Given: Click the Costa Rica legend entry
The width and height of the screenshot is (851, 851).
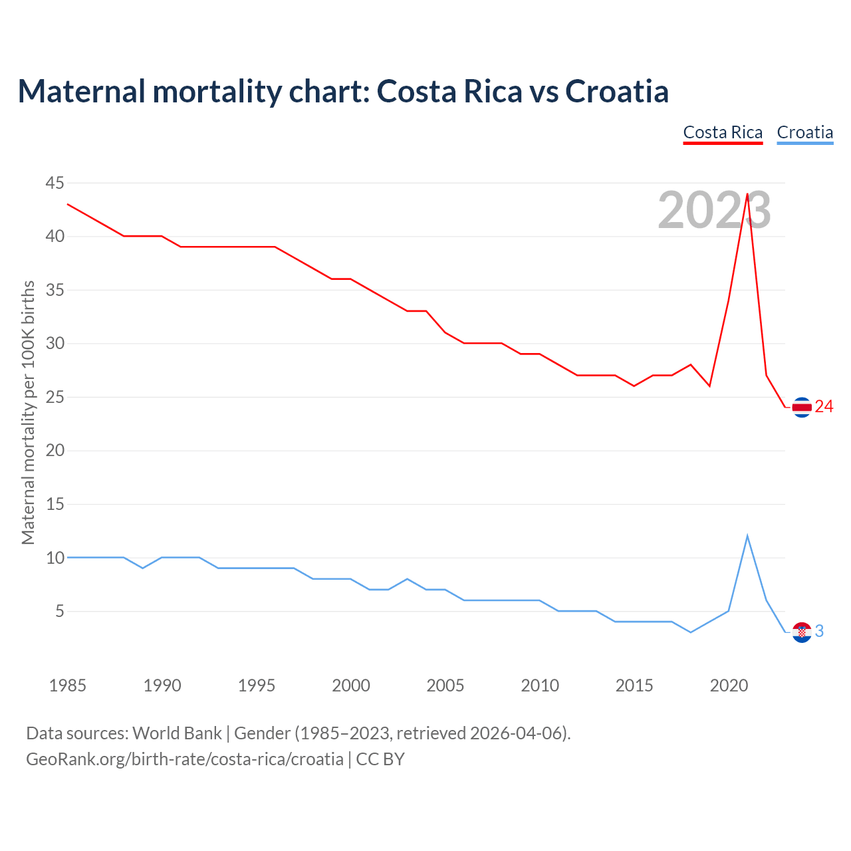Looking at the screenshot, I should click(723, 132).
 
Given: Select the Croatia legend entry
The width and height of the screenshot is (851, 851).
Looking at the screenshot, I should click(804, 132).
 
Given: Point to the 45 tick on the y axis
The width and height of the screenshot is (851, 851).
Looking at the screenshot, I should click(55, 183).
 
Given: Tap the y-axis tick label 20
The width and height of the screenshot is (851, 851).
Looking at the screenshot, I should click(55, 451).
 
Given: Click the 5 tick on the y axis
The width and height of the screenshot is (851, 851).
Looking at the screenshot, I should click(60, 611).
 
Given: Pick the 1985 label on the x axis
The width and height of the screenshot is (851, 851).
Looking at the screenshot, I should click(68, 685).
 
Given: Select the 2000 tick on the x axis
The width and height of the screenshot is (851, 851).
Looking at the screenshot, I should click(351, 685).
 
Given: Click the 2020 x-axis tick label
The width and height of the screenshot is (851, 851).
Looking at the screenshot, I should click(729, 685).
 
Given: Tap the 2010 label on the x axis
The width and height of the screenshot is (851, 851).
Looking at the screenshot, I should click(540, 685).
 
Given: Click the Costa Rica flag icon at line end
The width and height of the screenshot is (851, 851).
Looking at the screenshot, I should click(802, 407).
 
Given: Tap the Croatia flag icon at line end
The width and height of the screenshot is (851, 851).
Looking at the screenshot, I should click(802, 632).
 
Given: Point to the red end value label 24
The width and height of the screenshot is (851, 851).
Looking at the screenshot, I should click(824, 407).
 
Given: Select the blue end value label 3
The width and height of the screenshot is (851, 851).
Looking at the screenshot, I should click(819, 632).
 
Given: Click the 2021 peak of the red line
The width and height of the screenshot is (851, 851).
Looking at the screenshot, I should click(747, 194).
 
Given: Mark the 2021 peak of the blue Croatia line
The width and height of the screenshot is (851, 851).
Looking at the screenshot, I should click(747, 536).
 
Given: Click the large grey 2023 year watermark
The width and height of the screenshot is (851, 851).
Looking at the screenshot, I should click(714, 211).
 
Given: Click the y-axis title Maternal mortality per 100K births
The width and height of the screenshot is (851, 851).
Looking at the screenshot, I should click(28, 412).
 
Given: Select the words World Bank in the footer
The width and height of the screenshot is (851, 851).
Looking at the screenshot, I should click(177, 733).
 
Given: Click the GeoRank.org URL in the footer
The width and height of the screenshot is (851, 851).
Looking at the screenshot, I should click(185, 759).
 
